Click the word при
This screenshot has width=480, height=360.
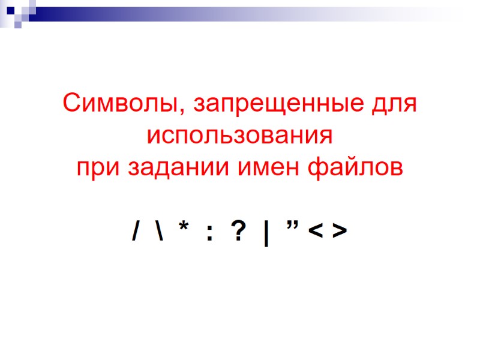98,166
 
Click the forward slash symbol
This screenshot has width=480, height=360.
136,230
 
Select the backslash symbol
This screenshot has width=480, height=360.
160,230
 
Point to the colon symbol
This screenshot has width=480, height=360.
209,232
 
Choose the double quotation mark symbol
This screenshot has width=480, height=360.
293,224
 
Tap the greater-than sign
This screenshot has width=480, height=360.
339,230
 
